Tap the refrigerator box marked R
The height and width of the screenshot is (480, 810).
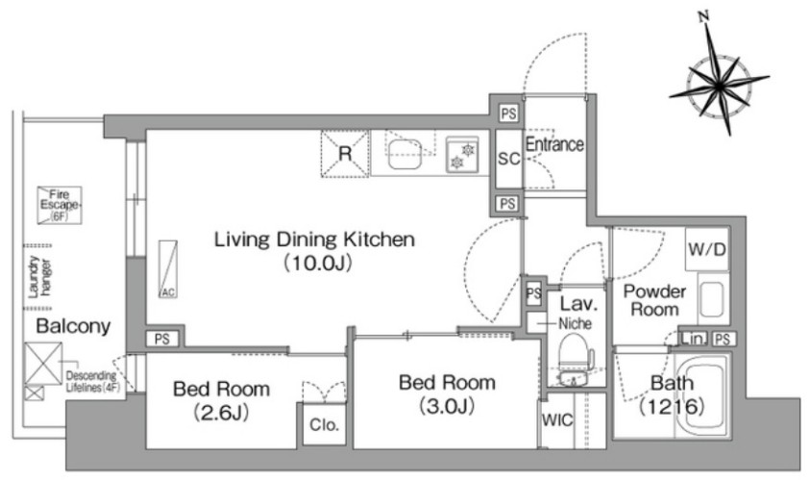345,154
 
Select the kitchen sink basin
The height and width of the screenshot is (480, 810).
405,155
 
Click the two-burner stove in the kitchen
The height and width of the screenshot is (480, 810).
462,155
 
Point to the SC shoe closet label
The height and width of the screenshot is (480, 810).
509,159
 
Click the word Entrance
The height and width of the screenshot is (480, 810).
554,144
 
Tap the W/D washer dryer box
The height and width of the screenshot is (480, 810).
706,249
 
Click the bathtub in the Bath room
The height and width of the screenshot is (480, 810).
700,396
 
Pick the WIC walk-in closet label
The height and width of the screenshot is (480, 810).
557,420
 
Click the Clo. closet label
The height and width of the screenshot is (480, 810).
324,424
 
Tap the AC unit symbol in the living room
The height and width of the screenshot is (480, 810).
168,269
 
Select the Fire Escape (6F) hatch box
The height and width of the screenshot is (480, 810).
60,205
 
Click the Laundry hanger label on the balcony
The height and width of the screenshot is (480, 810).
39,277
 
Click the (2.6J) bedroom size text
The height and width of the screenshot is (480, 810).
221,413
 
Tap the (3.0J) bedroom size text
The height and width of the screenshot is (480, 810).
447,407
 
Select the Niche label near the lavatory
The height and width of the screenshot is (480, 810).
575,323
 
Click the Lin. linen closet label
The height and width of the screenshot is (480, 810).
693,340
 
